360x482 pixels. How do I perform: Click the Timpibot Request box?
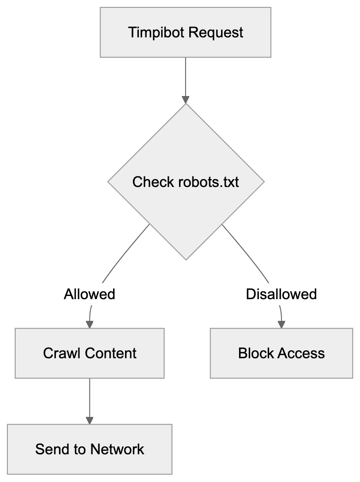point(185,33)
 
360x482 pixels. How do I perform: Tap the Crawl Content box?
point(90,353)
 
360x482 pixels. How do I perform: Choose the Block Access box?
point(281,353)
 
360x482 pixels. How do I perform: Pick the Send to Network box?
point(90,449)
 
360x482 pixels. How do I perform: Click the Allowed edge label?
point(90,294)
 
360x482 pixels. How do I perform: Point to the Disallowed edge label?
point(281,294)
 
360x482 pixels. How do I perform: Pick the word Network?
point(117,449)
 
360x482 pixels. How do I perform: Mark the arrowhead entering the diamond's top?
point(186,99)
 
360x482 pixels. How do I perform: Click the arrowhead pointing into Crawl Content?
point(90,324)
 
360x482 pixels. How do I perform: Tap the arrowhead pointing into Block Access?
point(281,324)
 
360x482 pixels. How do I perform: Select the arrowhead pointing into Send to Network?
point(90,420)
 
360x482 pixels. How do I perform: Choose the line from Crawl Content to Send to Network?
point(90,397)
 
